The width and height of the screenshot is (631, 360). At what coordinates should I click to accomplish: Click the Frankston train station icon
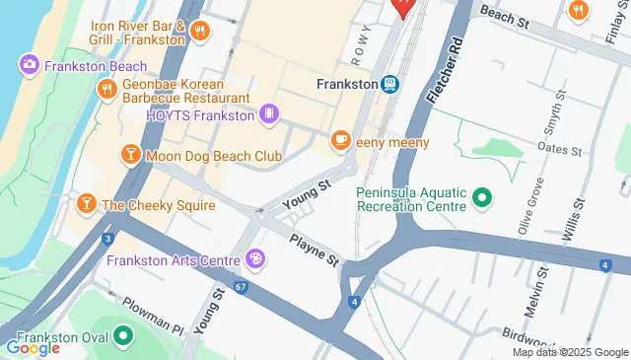[x=389, y=85]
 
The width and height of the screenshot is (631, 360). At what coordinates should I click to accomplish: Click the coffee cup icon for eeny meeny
[x=342, y=142]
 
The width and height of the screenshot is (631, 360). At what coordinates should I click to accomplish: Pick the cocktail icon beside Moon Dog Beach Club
[x=130, y=155]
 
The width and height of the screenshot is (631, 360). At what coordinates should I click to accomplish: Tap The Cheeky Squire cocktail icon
[x=87, y=204]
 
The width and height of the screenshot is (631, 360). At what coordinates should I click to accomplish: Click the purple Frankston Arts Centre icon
[x=255, y=259]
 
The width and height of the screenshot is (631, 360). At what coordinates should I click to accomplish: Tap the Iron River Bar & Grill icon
[x=200, y=31]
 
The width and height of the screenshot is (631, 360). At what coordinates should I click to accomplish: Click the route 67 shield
[x=241, y=286]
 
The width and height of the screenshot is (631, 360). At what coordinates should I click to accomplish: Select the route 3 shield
[x=106, y=239]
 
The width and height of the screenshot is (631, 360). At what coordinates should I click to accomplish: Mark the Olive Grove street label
[x=529, y=207]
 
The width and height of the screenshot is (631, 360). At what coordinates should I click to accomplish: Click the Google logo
[x=33, y=347]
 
